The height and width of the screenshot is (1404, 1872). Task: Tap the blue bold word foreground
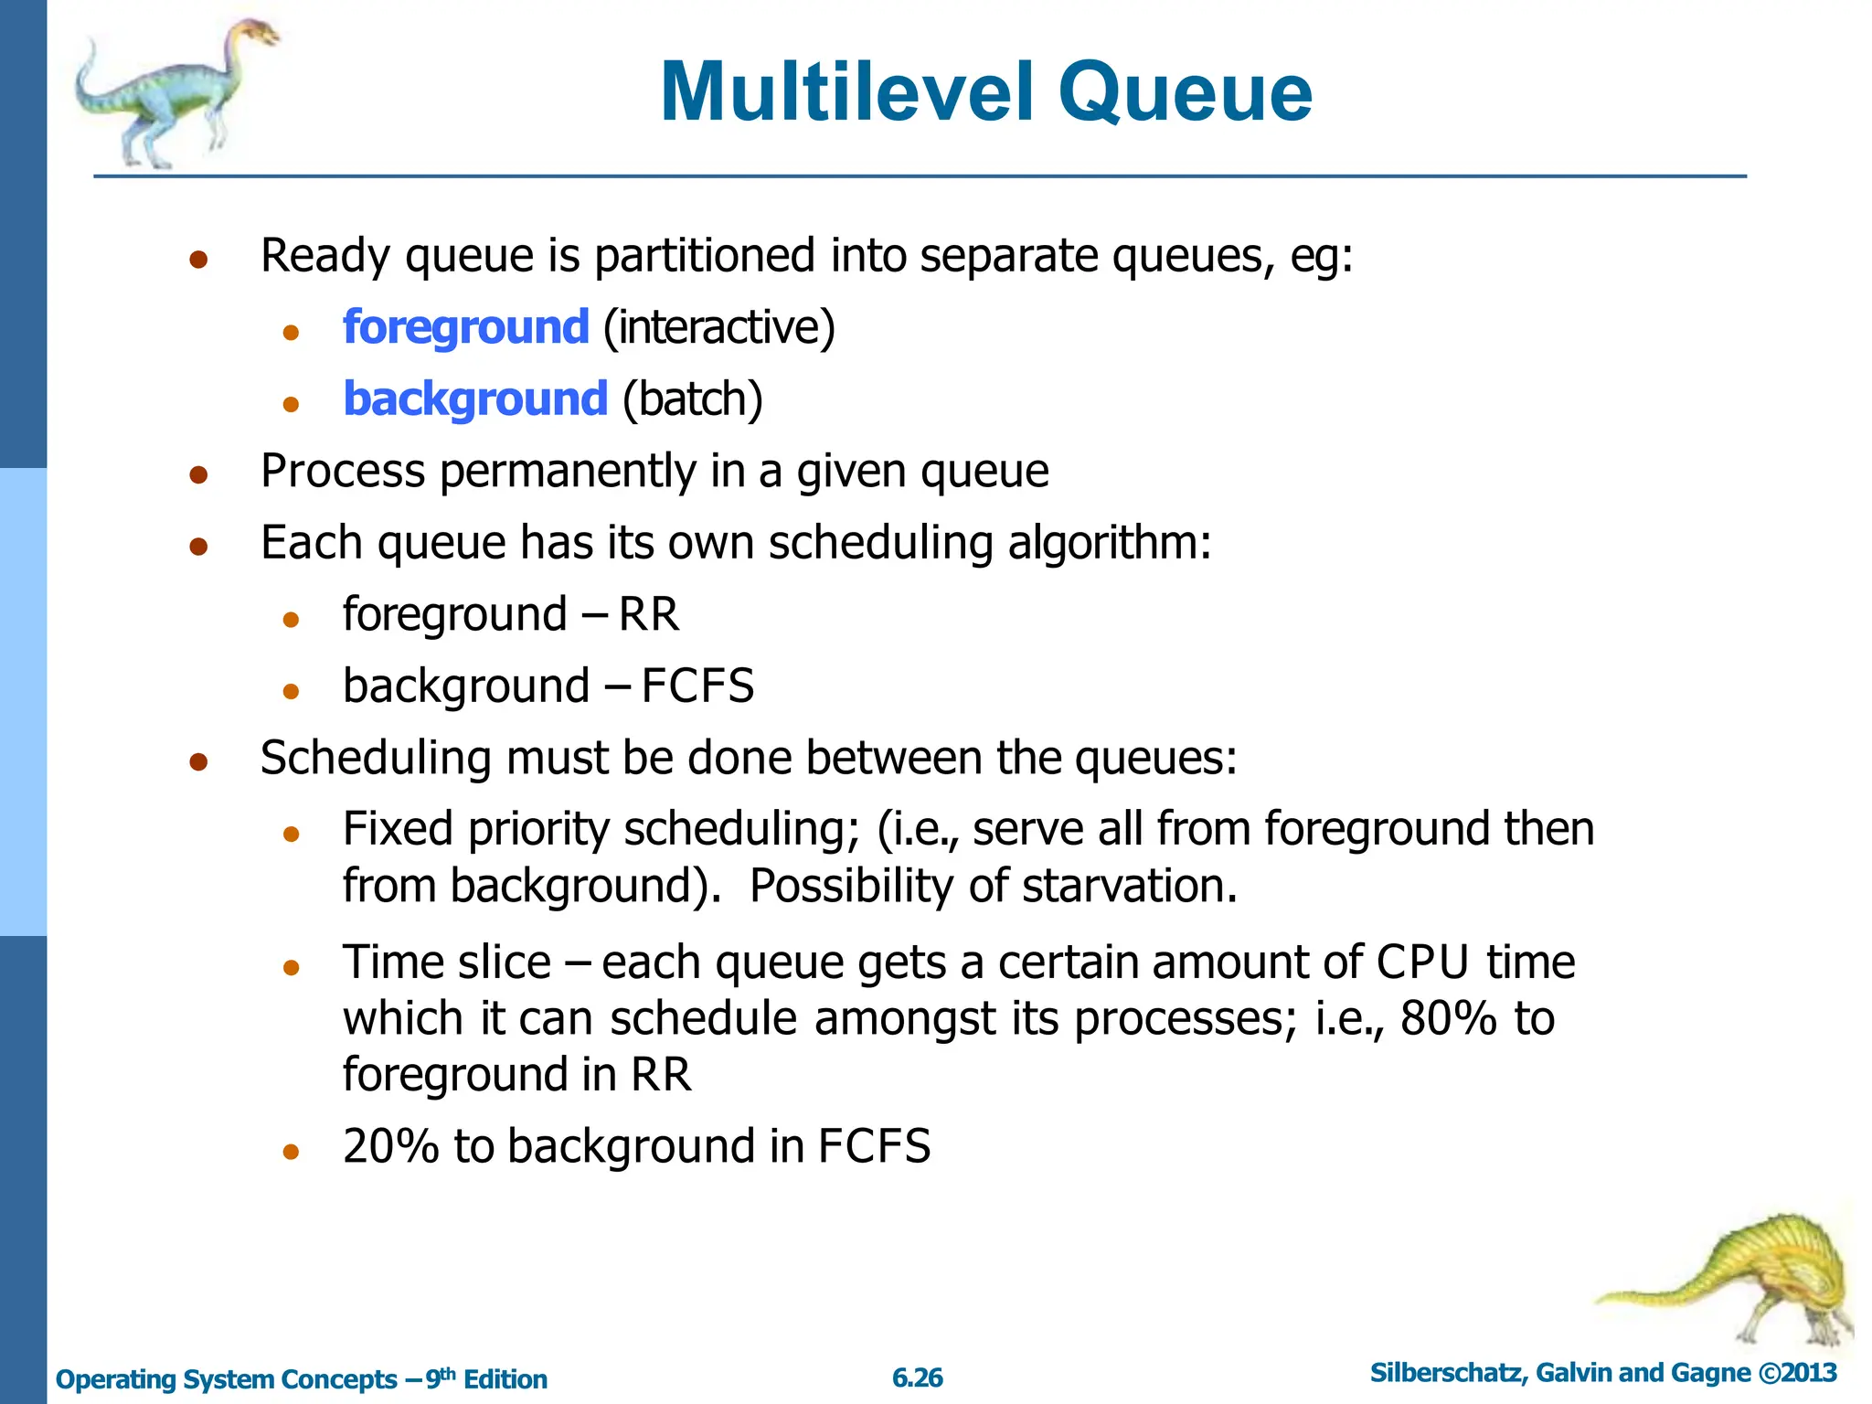[465, 327]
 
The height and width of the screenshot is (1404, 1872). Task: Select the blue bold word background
[474, 399]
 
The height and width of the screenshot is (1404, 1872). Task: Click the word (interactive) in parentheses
[719, 327]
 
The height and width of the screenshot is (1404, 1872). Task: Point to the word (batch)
[692, 399]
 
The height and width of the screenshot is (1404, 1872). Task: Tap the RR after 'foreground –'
[648, 614]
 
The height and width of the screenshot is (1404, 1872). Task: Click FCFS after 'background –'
[697, 686]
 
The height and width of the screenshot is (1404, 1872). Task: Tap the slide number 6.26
[917, 1377]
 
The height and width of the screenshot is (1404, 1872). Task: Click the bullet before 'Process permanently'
[198, 474]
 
